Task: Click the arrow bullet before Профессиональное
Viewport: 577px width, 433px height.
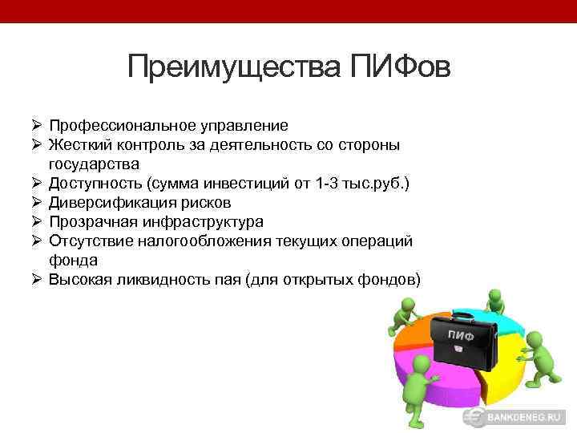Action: click(x=38, y=126)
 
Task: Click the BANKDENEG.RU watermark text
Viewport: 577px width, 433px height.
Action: click(x=528, y=419)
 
